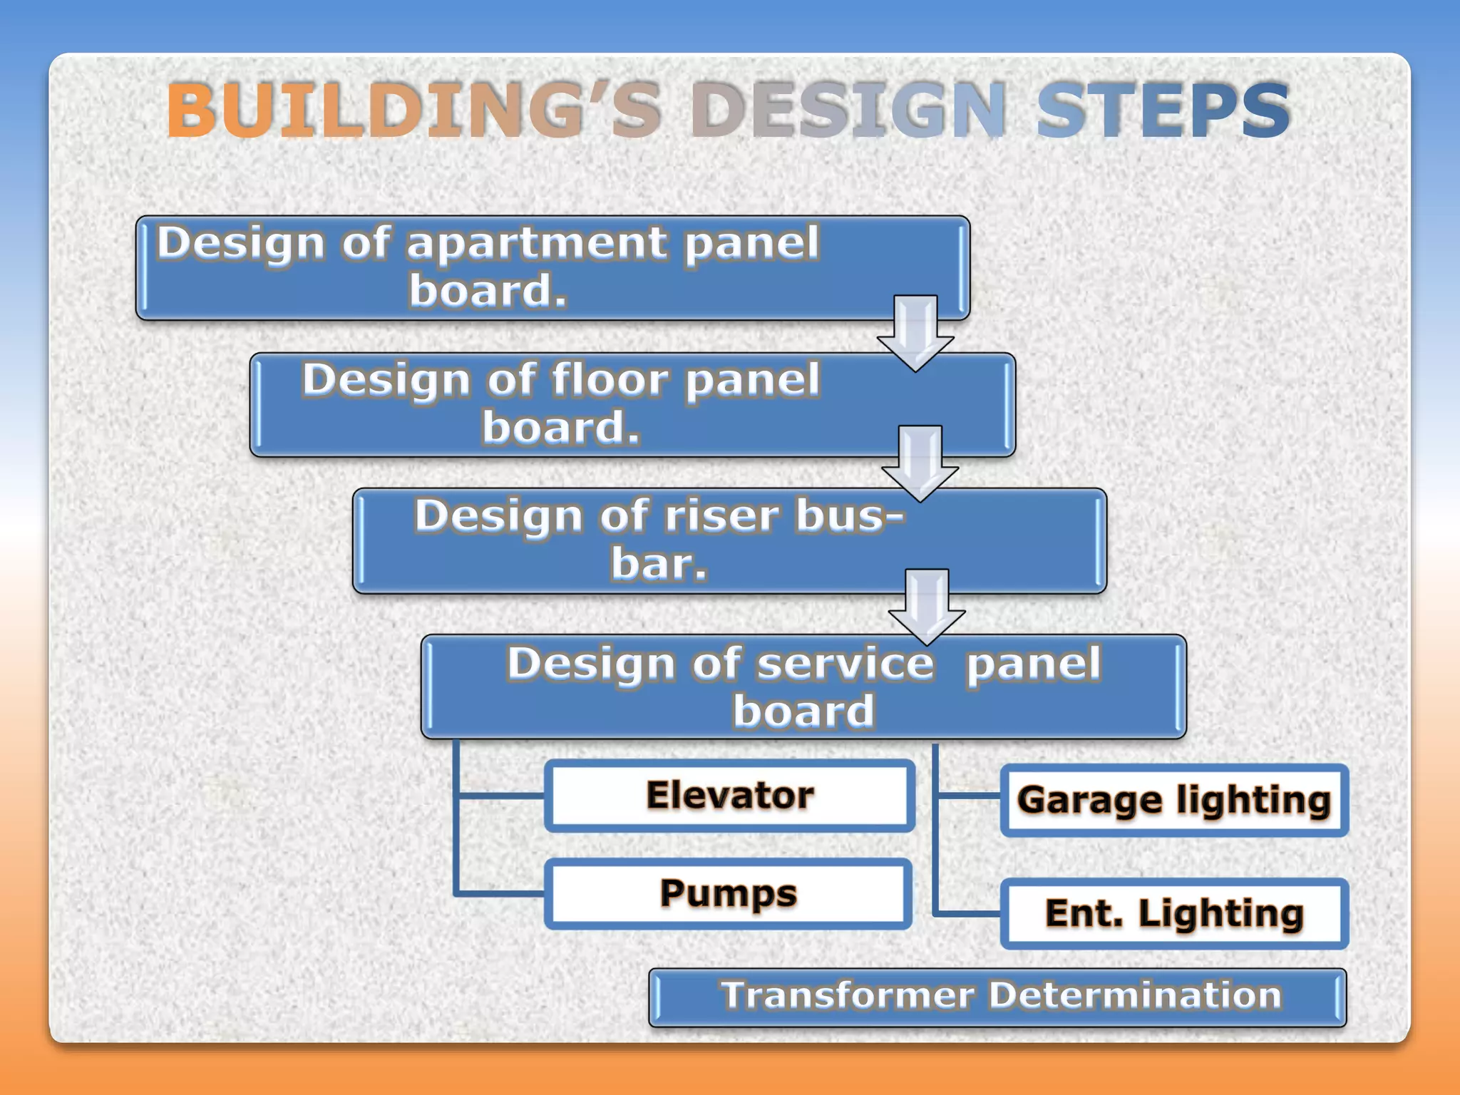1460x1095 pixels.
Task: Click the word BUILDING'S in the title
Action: tap(413, 110)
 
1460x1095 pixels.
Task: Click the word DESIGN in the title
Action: tap(848, 110)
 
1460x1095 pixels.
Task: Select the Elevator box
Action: tap(729, 796)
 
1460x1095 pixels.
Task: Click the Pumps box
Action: tap(728, 894)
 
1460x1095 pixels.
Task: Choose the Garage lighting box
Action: tap(1174, 800)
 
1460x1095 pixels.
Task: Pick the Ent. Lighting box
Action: tap(1174, 914)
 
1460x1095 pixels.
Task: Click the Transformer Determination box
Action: tap(997, 997)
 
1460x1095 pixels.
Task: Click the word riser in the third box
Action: tap(721, 516)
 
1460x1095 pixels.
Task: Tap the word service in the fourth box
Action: tap(845, 664)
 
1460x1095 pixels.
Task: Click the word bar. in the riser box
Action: tap(659, 564)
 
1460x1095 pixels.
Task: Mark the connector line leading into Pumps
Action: tap(499, 893)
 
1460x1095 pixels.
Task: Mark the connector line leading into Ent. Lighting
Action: tap(967, 912)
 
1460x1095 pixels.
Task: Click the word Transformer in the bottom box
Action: tap(847, 995)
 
